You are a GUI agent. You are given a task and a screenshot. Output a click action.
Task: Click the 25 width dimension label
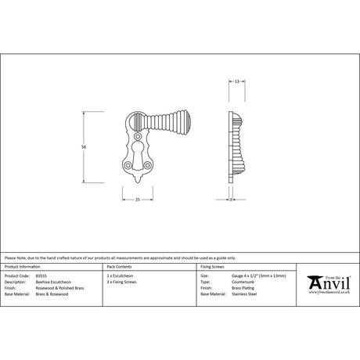(138, 200)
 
